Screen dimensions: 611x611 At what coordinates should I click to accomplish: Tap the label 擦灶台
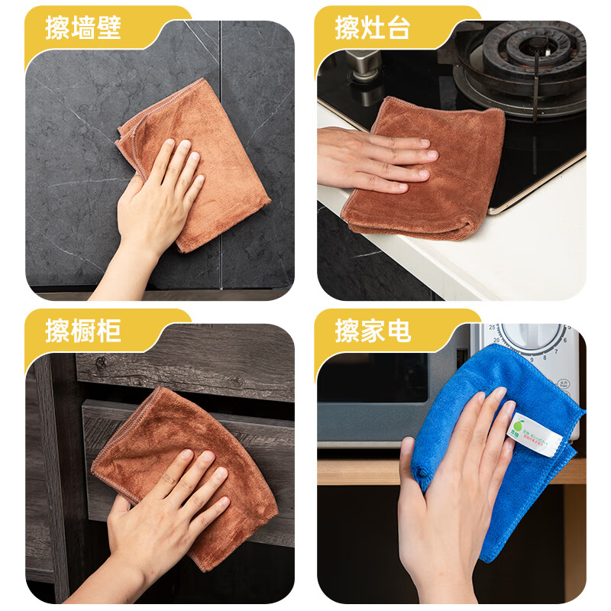[373, 28]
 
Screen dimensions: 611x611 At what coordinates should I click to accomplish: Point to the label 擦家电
[373, 331]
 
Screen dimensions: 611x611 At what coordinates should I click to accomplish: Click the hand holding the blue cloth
[451, 489]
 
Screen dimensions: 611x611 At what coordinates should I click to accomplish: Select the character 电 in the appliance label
[399, 331]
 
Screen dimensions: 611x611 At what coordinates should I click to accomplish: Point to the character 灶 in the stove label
[373, 28]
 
